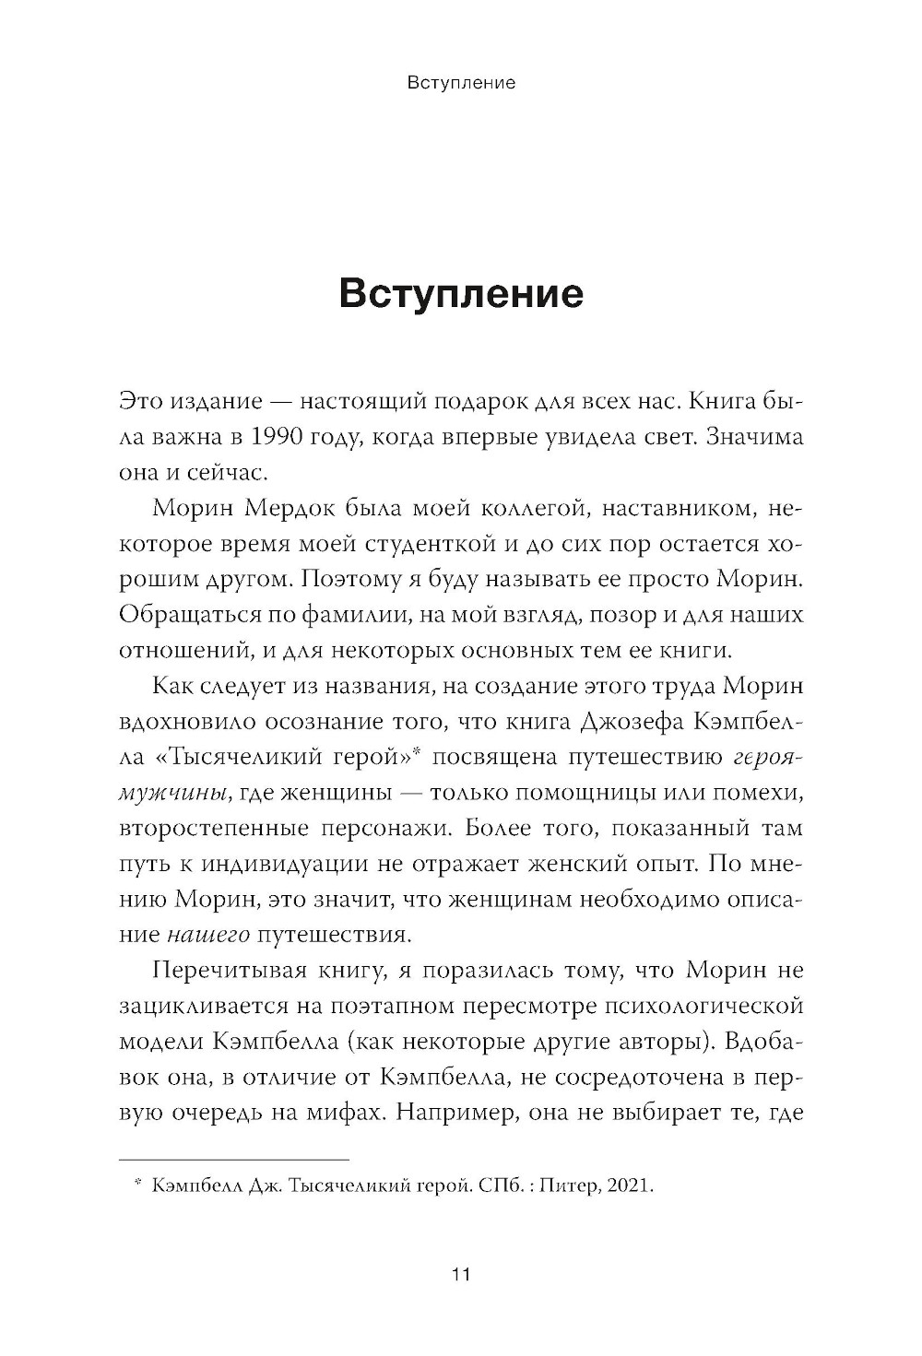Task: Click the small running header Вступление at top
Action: [x=460, y=83]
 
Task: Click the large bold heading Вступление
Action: [x=461, y=294]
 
